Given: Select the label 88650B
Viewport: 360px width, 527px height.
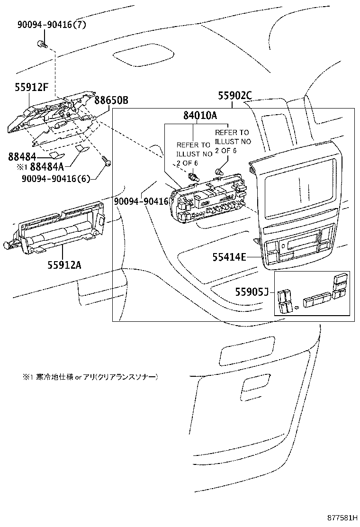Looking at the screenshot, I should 111,100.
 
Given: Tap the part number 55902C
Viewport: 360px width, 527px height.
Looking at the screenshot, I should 234,96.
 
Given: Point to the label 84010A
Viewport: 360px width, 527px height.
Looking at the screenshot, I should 200,115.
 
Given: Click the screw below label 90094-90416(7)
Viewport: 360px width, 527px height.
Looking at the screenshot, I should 42,45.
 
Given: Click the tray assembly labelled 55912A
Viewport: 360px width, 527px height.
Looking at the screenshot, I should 59,230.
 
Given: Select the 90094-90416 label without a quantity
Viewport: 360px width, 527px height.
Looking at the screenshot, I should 141,201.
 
